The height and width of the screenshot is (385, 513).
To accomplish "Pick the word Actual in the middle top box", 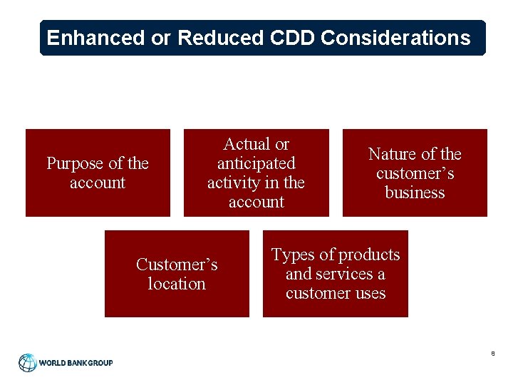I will [x=247, y=144].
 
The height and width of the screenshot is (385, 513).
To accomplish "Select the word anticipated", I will [x=256, y=163].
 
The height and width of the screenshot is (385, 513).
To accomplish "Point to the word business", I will [x=415, y=192].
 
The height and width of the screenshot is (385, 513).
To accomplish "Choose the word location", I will [x=177, y=284].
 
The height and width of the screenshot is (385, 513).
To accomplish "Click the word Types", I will [x=293, y=255].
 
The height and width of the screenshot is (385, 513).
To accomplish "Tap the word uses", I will [x=370, y=293].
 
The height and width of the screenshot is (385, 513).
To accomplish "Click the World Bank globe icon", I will [x=28, y=363].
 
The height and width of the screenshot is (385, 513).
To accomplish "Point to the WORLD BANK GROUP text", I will [x=76, y=363].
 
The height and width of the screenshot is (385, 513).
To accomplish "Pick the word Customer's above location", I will [x=177, y=265].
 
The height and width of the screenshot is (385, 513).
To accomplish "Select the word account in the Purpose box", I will [x=98, y=183].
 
